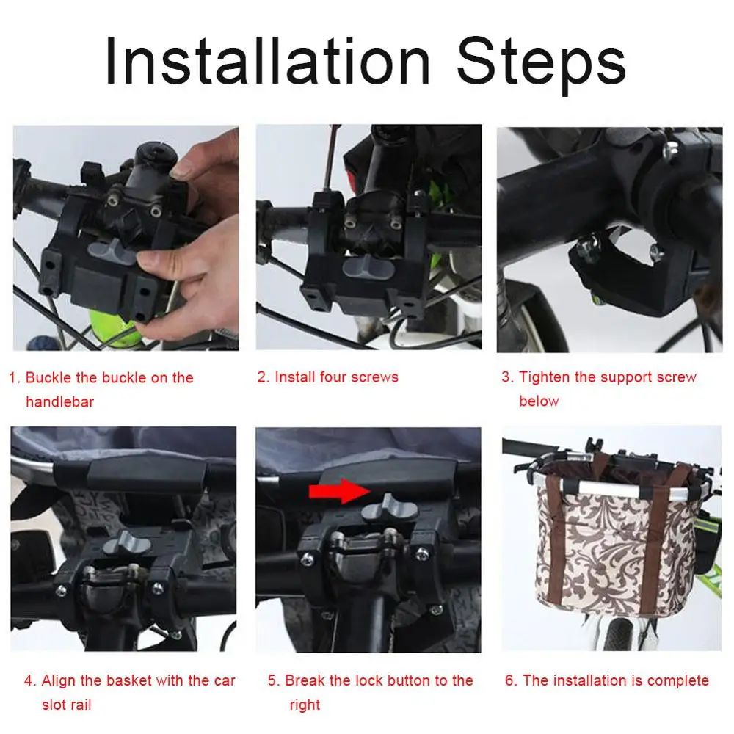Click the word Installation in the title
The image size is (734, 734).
(267, 62)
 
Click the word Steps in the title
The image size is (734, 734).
(541, 65)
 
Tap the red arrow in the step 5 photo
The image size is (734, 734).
(340, 490)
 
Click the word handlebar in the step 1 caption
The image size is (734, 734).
(60, 401)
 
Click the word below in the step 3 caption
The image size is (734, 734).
(539, 401)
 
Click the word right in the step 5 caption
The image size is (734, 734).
(305, 705)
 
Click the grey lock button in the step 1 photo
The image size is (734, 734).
(111, 250)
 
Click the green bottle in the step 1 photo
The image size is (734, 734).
(114, 327)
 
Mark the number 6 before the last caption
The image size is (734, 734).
(510, 680)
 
